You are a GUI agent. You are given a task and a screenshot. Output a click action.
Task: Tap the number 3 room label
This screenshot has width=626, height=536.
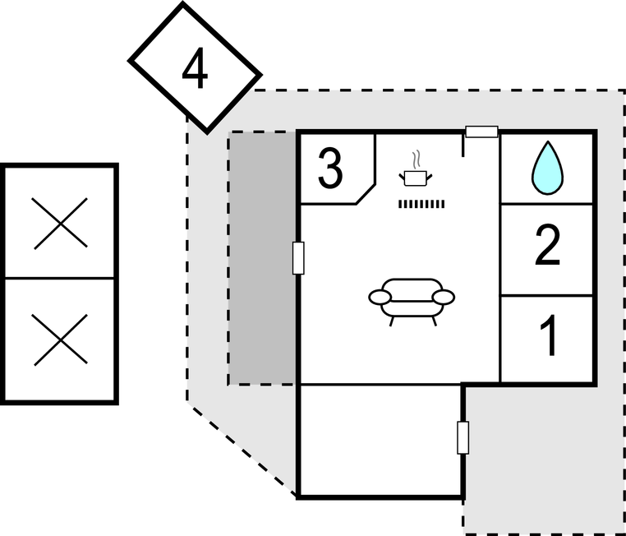pos(329,169)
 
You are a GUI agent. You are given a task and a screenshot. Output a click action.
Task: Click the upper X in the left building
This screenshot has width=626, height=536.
pos(60,222)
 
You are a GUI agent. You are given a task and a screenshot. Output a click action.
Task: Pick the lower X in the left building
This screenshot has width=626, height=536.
pos(60,340)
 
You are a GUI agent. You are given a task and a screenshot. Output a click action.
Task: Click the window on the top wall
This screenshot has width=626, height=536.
pos(481,131)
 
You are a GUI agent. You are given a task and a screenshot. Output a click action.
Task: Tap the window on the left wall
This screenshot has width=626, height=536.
pos(298,257)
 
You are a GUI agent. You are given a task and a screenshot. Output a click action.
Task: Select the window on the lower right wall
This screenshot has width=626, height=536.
pos(463,437)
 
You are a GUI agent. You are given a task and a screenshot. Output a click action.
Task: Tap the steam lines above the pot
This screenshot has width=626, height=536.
pos(417,158)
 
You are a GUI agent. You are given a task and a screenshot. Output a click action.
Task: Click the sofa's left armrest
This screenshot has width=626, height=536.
pos(379,297)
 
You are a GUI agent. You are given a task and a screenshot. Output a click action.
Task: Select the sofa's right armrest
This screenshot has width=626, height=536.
pos(444,297)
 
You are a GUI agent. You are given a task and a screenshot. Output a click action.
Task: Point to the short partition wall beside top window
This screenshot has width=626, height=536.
pos(464,144)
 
